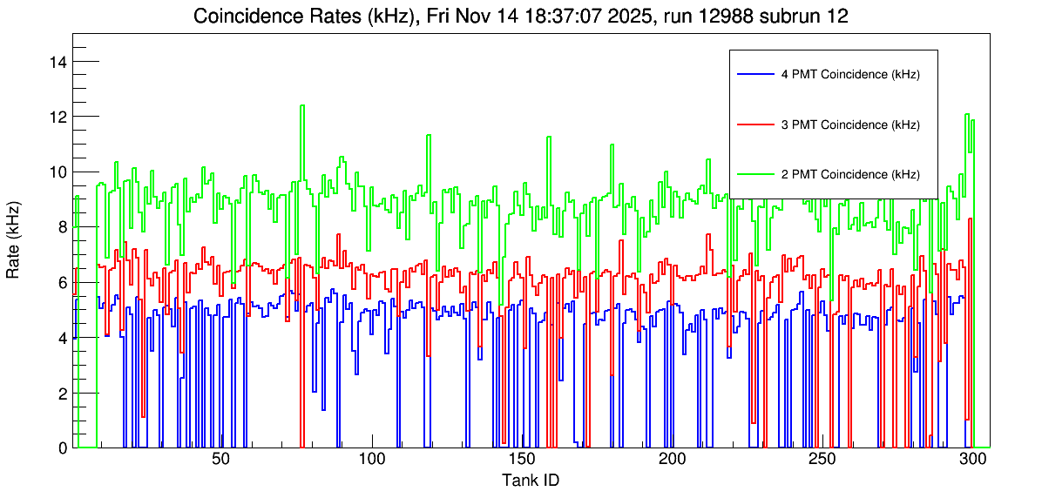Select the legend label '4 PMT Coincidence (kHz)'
coord(850,75)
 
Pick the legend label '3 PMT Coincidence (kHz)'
coord(850,124)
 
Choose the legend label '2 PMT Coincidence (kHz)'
coord(850,174)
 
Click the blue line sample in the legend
coord(755,75)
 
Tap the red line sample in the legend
coord(755,124)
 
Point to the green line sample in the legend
coord(755,174)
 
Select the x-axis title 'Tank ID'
coord(531,480)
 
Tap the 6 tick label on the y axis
coord(62,282)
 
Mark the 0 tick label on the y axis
coord(62,448)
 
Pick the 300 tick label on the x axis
coord(972,460)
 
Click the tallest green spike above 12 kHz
coord(302,106)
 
